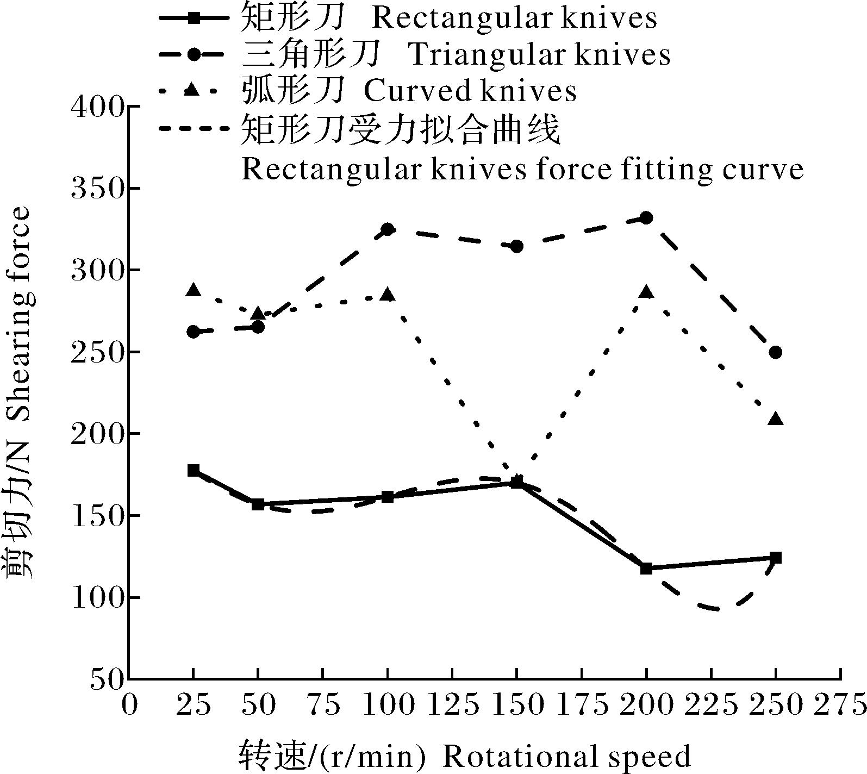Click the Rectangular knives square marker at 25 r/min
[x=194, y=470]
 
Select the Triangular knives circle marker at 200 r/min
[x=646, y=218]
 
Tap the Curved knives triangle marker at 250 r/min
[x=776, y=419]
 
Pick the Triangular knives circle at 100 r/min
[x=388, y=229]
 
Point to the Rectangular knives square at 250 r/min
[x=776, y=558]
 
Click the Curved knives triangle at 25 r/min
[x=194, y=290]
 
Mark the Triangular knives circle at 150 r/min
[x=517, y=246]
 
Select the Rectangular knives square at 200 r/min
[x=646, y=569]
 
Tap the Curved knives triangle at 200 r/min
[x=646, y=292]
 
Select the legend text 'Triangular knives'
[x=539, y=54]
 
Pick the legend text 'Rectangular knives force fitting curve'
[x=522, y=170]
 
